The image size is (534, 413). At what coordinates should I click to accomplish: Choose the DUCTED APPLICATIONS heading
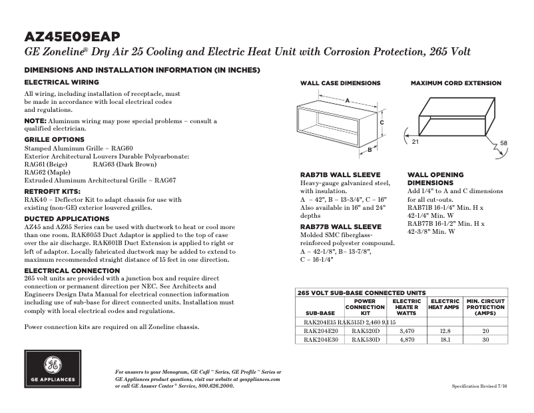pyautogui.click(x=67, y=218)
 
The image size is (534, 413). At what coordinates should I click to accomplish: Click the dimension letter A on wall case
pyautogui.click(x=347, y=99)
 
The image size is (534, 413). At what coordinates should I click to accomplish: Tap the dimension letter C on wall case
pyautogui.click(x=382, y=123)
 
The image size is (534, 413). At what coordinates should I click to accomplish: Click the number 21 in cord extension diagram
pyautogui.click(x=415, y=143)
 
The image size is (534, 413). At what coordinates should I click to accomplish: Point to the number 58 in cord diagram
pyautogui.click(x=503, y=143)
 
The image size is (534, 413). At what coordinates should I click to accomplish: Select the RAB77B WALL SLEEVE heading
pyautogui.click(x=340, y=227)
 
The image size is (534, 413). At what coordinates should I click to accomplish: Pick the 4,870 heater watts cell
pyautogui.click(x=407, y=339)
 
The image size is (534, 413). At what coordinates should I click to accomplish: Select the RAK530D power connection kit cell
pyautogui.click(x=365, y=339)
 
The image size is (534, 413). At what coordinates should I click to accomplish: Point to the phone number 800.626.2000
pyautogui.click(x=215, y=386)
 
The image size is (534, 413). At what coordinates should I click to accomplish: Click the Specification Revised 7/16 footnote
pyautogui.click(x=479, y=386)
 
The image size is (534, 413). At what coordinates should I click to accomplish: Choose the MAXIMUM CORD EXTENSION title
pyautogui.click(x=455, y=83)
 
